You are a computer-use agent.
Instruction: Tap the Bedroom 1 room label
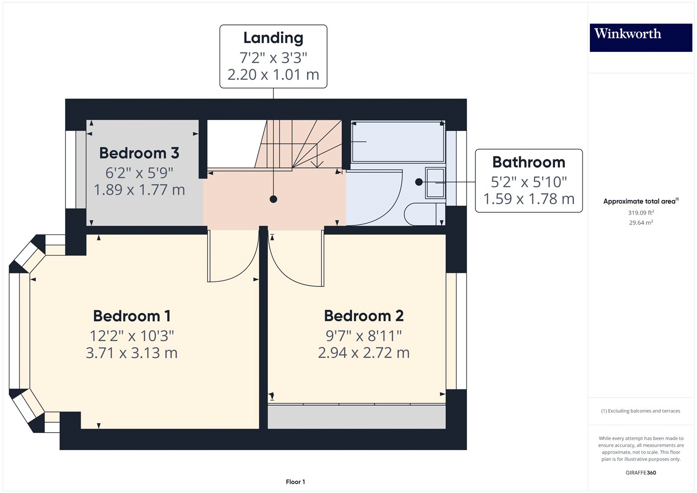(x=132, y=316)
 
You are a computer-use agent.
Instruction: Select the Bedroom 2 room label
(x=363, y=316)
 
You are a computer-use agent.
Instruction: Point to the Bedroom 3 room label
(x=139, y=153)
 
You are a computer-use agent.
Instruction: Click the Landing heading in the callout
(x=273, y=38)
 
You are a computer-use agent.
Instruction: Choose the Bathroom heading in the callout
(x=529, y=162)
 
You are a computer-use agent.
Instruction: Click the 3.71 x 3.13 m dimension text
(x=132, y=353)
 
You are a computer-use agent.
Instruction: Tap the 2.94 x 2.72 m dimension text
(x=363, y=353)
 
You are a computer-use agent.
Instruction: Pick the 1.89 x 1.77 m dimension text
(x=139, y=190)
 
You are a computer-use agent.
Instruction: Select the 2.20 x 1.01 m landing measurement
(x=273, y=75)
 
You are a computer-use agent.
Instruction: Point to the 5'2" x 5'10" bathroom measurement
(x=529, y=182)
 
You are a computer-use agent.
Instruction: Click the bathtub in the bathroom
(x=397, y=141)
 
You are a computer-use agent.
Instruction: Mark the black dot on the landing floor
(x=273, y=199)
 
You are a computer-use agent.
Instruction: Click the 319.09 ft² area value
(x=641, y=213)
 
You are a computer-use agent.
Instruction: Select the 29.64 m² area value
(x=641, y=223)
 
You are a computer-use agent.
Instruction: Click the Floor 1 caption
(x=295, y=482)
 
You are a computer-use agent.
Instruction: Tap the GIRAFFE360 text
(x=641, y=473)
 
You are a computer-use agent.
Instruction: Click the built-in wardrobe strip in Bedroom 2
(x=356, y=417)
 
